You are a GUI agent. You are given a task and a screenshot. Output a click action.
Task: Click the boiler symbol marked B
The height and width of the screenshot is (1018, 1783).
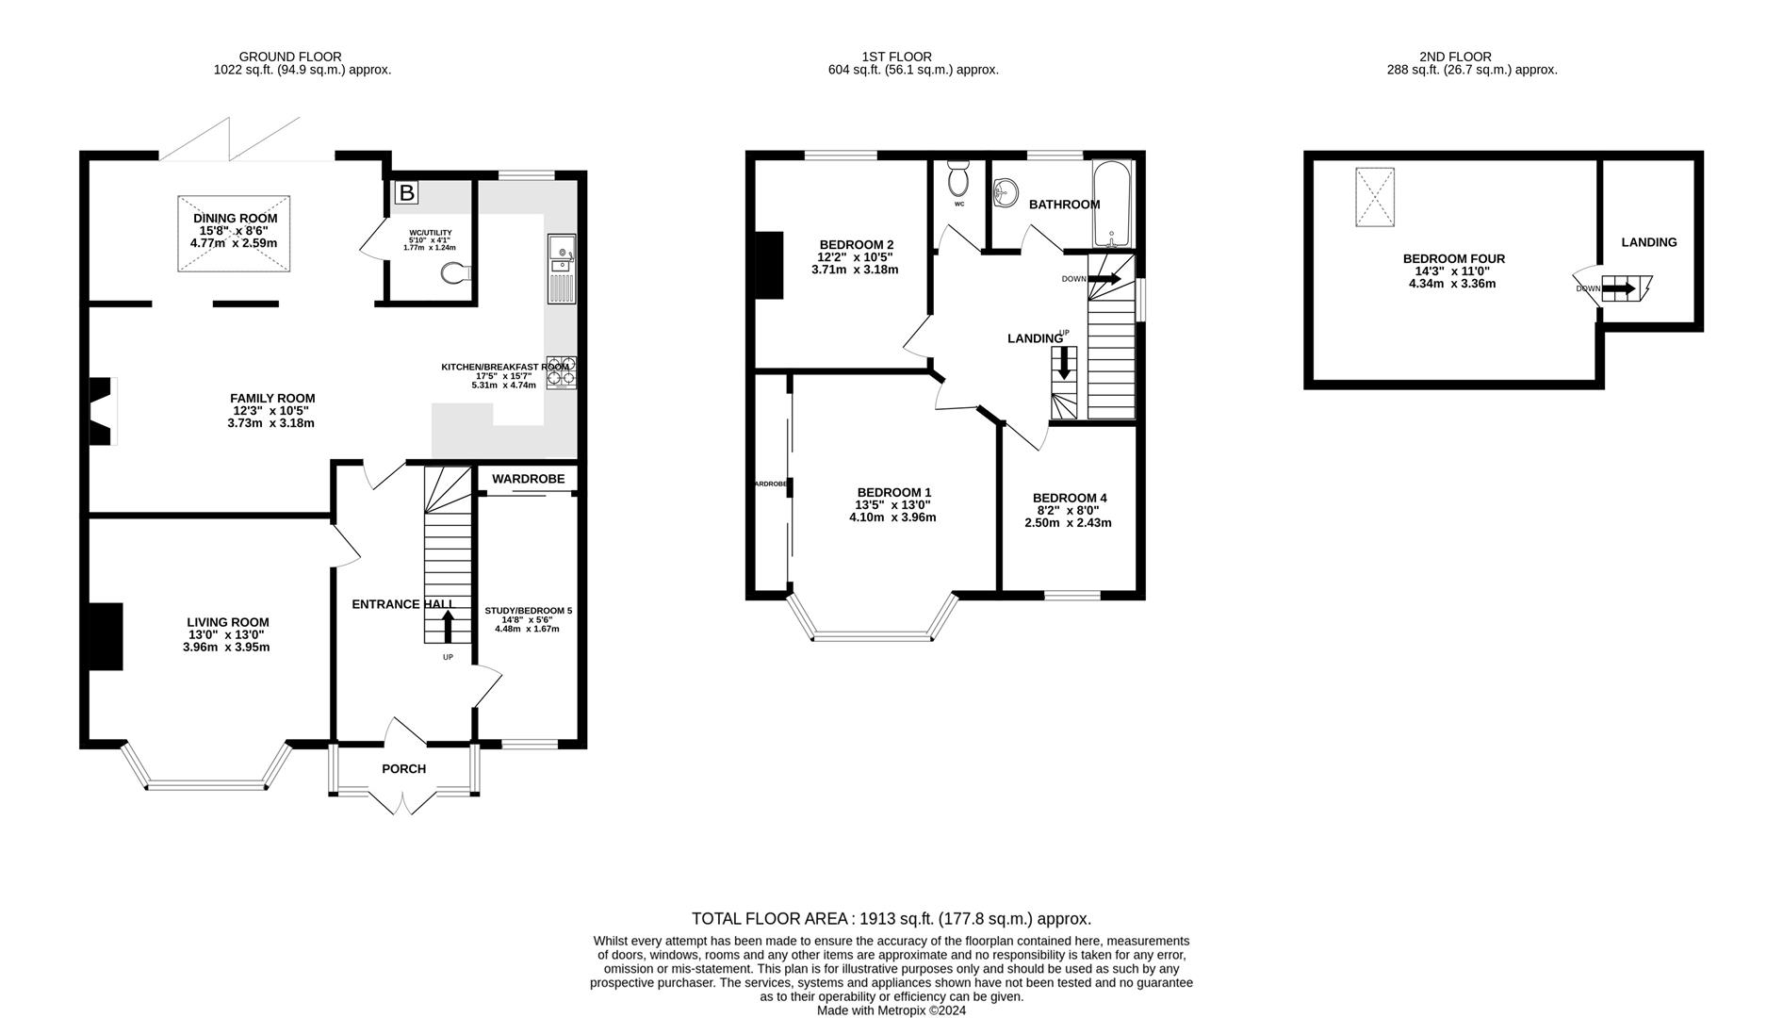click(x=406, y=193)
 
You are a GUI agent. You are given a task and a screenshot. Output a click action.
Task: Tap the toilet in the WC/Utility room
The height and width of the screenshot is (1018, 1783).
click(x=454, y=273)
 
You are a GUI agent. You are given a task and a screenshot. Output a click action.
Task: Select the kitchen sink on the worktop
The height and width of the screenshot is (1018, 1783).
click(x=561, y=253)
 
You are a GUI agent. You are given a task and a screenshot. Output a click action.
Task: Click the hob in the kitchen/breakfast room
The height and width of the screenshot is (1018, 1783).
click(x=561, y=372)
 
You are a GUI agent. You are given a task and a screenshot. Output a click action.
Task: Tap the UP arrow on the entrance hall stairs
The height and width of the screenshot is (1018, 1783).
click(x=448, y=626)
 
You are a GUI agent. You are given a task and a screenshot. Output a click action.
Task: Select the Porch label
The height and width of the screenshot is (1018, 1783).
click(x=403, y=769)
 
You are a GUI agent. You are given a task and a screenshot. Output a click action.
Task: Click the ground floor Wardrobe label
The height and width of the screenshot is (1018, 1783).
click(x=528, y=479)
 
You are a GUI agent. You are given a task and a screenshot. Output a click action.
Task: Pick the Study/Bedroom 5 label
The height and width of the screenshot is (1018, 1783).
click(x=528, y=611)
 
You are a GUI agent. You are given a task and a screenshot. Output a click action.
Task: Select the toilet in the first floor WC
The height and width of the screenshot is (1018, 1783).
click(x=958, y=176)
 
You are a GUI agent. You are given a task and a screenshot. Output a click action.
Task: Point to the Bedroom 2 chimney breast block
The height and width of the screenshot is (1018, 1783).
click(x=770, y=265)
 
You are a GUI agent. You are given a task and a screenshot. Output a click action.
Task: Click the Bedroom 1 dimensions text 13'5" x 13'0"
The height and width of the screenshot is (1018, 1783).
click(x=893, y=504)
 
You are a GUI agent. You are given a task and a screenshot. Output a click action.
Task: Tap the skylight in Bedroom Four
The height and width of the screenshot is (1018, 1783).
click(x=1374, y=196)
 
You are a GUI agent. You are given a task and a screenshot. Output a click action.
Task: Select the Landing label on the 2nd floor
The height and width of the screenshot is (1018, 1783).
click(x=1648, y=242)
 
